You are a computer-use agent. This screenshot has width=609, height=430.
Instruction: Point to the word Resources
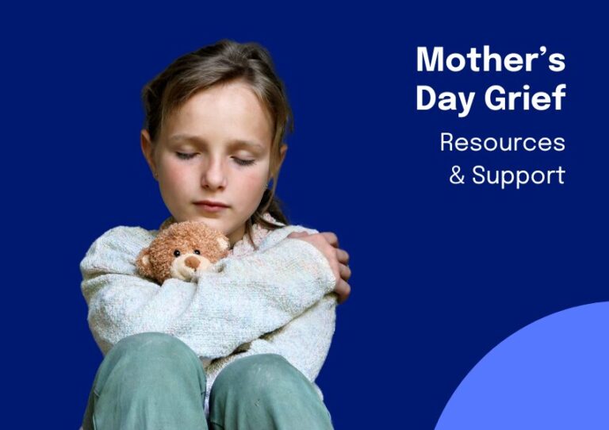click(x=502, y=142)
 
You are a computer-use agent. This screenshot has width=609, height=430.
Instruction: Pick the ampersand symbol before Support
click(x=457, y=175)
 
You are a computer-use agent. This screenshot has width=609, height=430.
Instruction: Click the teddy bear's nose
click(x=192, y=263)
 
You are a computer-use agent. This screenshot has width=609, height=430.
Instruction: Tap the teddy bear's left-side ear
click(x=144, y=259)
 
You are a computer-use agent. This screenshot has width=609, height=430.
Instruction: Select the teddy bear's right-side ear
click(x=223, y=243)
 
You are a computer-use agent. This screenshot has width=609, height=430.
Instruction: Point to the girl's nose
click(x=213, y=177)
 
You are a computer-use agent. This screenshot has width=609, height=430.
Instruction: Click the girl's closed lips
click(x=211, y=205)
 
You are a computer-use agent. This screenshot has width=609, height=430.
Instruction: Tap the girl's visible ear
click(x=147, y=151)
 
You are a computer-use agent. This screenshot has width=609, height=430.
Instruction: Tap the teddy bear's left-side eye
click(x=177, y=253)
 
